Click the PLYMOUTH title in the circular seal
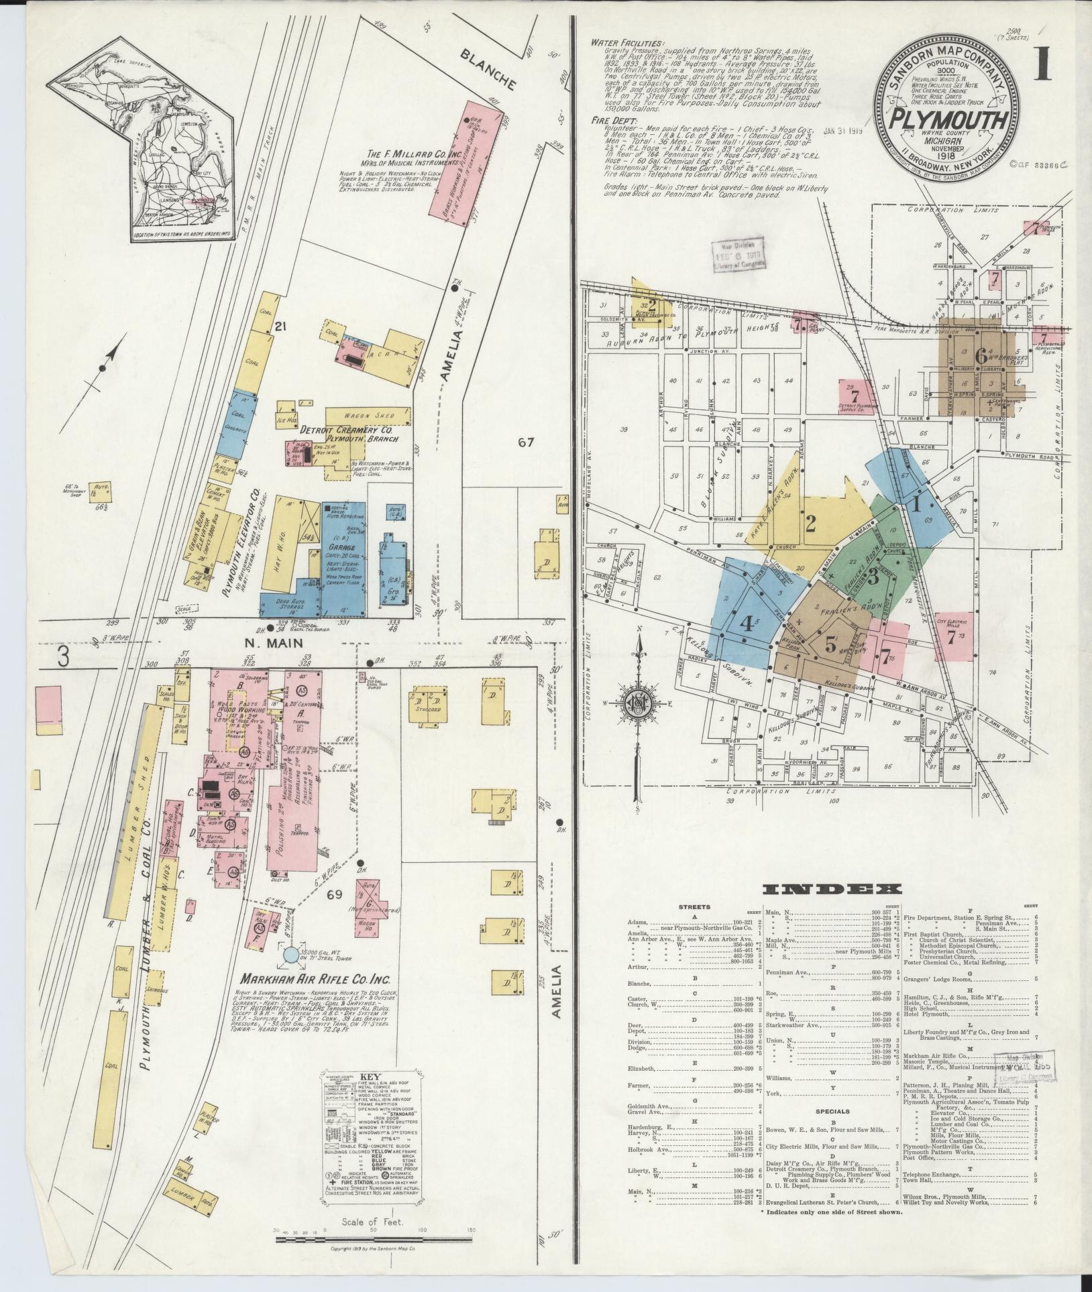point(948,121)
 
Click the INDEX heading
point(831,890)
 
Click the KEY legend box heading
point(370,1081)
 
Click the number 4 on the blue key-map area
point(747,624)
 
